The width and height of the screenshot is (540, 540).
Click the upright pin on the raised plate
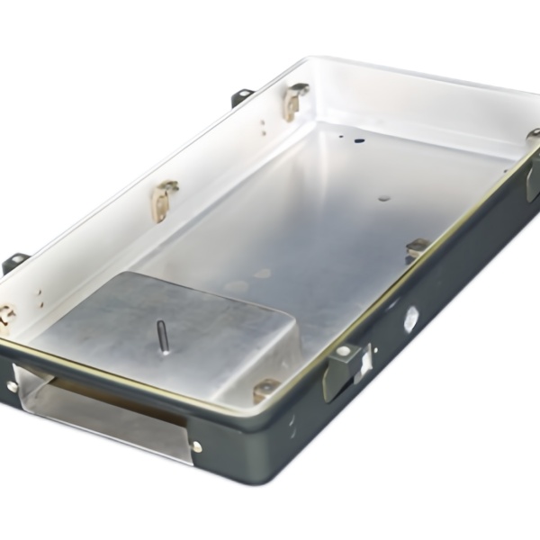(x=163, y=337)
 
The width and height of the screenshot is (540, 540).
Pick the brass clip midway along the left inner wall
(x=164, y=198)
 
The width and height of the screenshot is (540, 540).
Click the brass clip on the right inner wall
(x=417, y=248)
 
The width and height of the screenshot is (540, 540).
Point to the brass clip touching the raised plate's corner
(x=265, y=390)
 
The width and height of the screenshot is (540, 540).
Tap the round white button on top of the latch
(x=343, y=351)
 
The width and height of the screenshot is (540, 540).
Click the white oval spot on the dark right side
(x=410, y=317)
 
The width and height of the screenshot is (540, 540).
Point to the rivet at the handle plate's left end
(x=13, y=386)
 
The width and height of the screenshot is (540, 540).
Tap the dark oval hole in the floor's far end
(x=359, y=140)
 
